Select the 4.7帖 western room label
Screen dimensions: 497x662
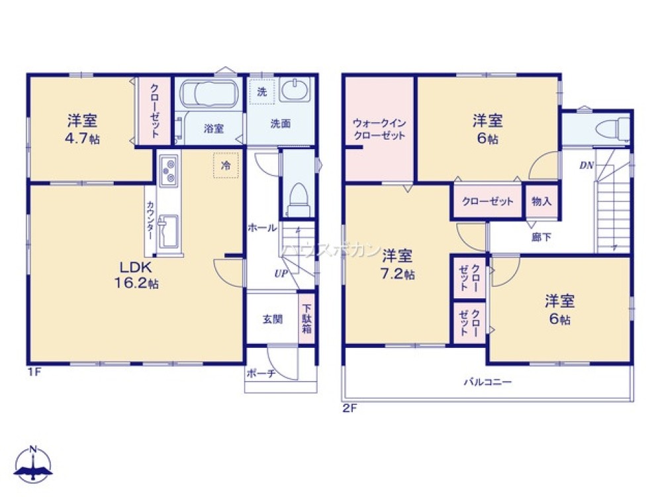pyautogui.click(x=83, y=129)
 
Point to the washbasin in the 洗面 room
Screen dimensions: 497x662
pyautogui.click(x=294, y=89)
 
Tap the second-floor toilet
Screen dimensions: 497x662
pyautogui.click(x=612, y=127)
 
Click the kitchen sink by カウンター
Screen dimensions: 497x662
pyautogui.click(x=169, y=229)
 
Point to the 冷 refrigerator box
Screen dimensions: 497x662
pyautogui.click(x=226, y=166)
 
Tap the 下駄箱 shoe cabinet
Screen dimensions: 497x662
pyautogui.click(x=306, y=319)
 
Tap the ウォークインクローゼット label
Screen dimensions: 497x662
pyautogui.click(x=379, y=129)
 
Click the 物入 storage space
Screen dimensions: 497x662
pyautogui.click(x=542, y=201)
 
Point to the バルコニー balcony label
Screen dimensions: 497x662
pyautogui.click(x=487, y=382)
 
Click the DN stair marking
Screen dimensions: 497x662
pyautogui.click(x=587, y=166)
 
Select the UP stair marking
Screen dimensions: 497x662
pyautogui.click(x=281, y=273)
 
